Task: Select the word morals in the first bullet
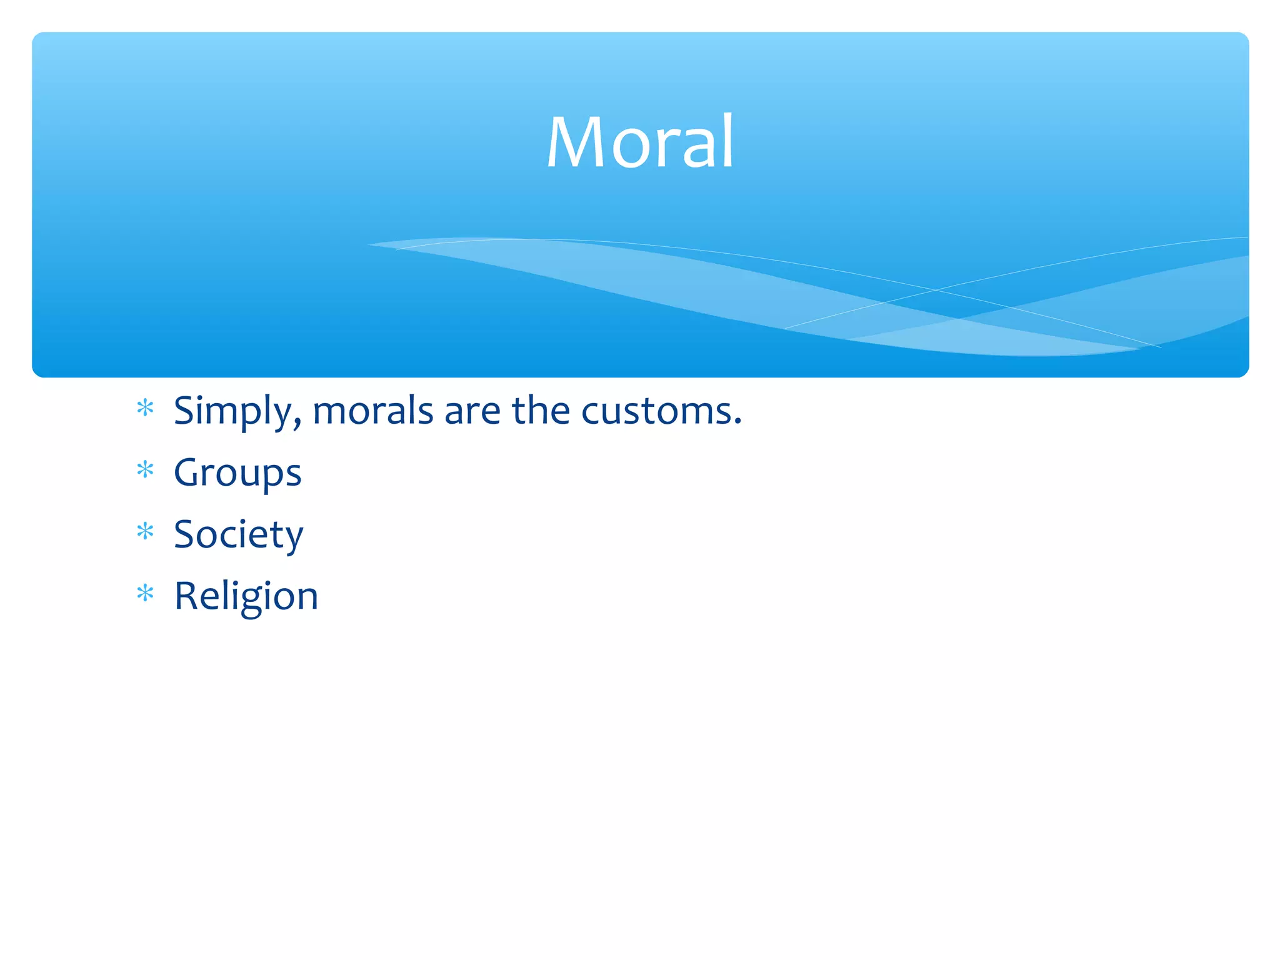coord(372,411)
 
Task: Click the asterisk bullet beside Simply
coord(145,408)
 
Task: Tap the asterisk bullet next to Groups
coord(145,469)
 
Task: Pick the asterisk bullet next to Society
coord(145,531)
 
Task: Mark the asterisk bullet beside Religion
coord(145,592)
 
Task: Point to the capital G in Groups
coord(190,472)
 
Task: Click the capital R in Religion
coord(187,596)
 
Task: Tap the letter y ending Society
coord(292,539)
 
